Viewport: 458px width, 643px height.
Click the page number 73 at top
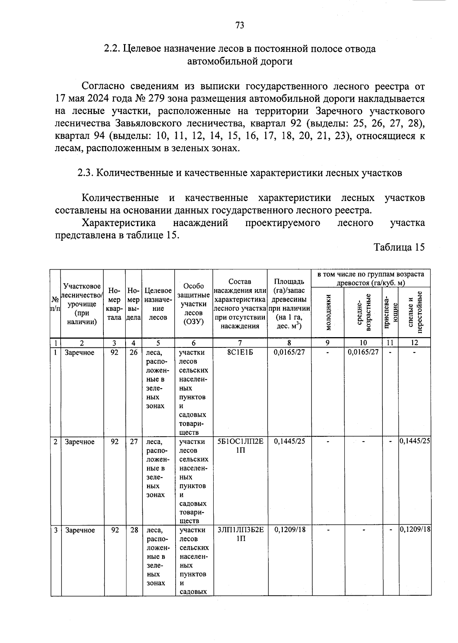pos(240,26)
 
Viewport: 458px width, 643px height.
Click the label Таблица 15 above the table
pos(399,247)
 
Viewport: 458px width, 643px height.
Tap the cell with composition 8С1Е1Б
pos(240,352)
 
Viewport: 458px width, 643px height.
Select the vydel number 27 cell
pos(134,441)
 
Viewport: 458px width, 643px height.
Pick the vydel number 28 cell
pos(134,530)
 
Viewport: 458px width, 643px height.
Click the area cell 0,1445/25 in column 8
pos(289,441)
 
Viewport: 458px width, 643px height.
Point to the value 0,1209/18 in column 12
pos(415,530)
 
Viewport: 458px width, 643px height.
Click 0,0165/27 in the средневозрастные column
pos(363,352)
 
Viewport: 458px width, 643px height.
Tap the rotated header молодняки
pos(328,312)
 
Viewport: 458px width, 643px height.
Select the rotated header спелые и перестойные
pos(415,312)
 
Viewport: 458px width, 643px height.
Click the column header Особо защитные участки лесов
pos(194,304)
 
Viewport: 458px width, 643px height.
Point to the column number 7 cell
pos(240,342)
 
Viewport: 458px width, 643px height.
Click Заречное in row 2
pos(79,442)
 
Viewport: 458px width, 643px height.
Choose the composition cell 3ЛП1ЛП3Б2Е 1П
pos(240,534)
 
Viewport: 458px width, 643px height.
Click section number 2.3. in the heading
pos(85,173)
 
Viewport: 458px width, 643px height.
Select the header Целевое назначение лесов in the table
pos(158,304)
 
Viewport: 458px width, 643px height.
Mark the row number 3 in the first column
pos(56,530)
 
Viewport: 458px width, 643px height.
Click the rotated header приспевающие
pos(390,312)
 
